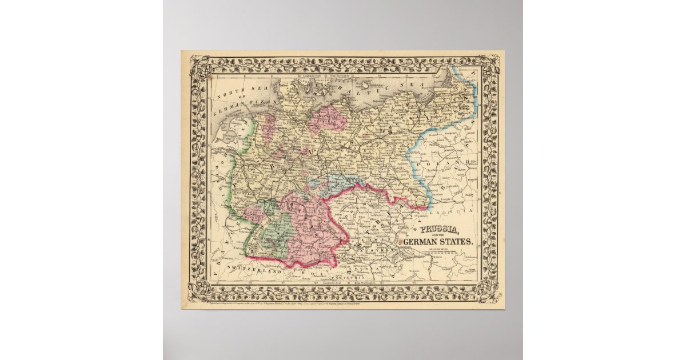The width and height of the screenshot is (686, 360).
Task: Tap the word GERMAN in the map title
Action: [x=421, y=242]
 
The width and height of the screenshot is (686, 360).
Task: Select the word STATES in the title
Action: [x=456, y=242]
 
